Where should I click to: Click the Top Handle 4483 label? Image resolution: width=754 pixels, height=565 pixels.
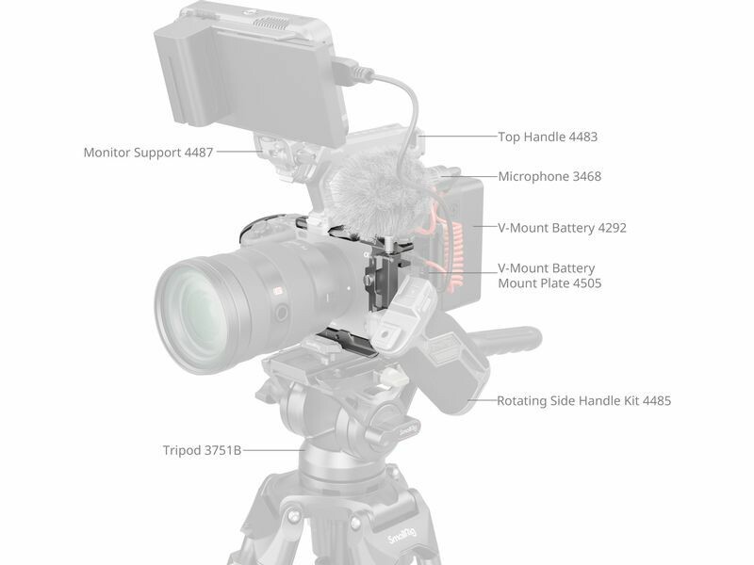(548, 137)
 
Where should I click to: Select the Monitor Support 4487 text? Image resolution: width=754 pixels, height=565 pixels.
(148, 153)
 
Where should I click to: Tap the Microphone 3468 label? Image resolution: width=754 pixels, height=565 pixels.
(549, 176)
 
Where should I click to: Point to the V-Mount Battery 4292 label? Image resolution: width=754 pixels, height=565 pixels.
(562, 228)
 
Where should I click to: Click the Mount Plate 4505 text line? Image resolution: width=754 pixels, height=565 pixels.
(549, 283)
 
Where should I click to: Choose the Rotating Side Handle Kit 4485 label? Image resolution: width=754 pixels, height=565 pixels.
(583, 401)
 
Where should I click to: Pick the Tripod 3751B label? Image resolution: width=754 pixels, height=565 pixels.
(202, 451)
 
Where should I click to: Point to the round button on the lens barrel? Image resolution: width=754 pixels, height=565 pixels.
(281, 313)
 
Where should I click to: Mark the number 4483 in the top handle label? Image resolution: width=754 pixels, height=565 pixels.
(583, 137)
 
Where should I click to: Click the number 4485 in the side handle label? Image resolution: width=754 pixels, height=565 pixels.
(657, 401)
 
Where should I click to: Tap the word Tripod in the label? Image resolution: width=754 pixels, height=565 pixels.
(182, 451)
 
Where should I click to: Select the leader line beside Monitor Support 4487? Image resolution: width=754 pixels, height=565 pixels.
(239, 153)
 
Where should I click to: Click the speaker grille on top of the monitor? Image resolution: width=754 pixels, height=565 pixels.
(272, 22)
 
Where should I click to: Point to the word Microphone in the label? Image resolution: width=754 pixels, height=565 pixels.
(533, 176)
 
